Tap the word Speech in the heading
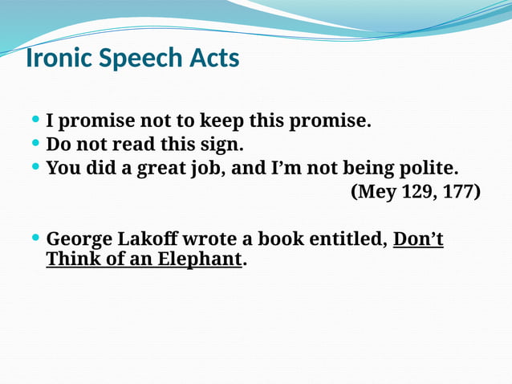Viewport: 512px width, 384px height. tap(134, 59)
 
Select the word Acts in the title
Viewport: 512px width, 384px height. tap(211, 59)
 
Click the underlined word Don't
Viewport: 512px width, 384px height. tap(418, 239)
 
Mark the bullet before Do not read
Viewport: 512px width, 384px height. tap(35, 145)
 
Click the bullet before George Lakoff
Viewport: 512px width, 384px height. tap(35, 239)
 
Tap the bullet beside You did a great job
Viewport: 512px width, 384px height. tap(35, 168)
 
